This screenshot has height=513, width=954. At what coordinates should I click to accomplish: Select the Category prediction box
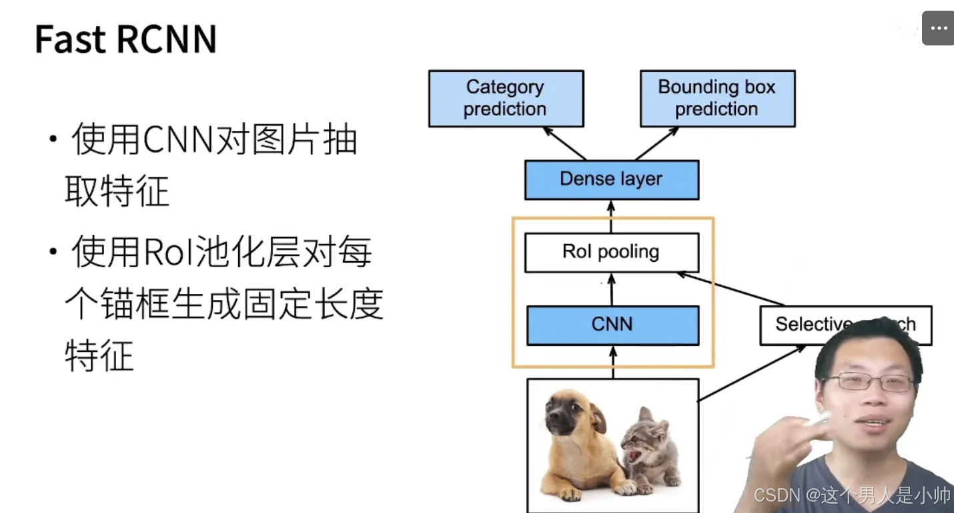tap(506, 98)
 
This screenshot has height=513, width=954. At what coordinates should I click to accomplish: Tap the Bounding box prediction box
tap(717, 98)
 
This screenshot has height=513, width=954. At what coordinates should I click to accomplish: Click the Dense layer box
tap(611, 179)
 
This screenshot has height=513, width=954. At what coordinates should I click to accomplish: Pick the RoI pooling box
tap(611, 252)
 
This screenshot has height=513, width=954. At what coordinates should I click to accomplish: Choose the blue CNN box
tap(612, 325)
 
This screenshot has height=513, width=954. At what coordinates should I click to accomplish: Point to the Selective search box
tap(801, 325)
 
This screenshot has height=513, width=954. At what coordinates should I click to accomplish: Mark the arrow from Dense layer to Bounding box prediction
tap(657, 143)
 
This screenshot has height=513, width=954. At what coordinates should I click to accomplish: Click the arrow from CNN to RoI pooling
tap(612, 289)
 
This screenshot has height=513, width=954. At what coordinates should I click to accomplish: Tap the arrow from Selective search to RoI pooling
tap(731, 289)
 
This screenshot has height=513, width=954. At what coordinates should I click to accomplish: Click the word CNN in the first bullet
tap(177, 141)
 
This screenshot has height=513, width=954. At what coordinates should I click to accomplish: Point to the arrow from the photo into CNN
tap(613, 362)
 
